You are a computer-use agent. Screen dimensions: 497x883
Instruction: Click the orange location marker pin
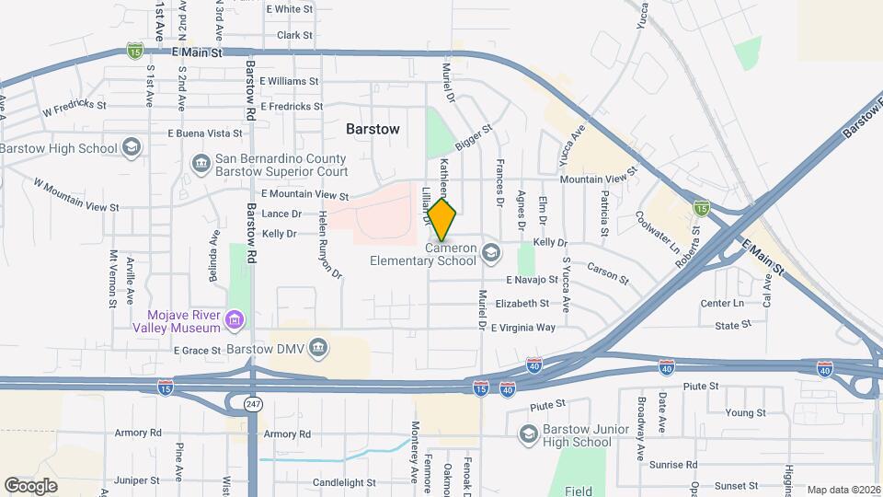[x=442, y=221]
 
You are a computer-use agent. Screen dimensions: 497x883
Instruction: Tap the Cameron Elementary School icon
[x=491, y=252]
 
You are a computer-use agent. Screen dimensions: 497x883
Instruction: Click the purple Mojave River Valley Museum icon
[x=235, y=320]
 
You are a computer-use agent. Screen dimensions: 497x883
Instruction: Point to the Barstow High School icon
[x=132, y=148]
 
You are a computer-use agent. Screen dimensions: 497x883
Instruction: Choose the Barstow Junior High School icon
[x=528, y=433]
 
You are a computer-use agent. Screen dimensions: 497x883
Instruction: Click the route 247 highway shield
[x=252, y=403]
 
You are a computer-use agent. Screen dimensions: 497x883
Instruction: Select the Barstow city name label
[x=373, y=130]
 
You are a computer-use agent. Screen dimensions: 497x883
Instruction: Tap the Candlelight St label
[x=344, y=482]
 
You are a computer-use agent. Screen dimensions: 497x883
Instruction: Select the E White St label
[x=289, y=9]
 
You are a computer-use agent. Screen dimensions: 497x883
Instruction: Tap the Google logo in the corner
[x=30, y=485]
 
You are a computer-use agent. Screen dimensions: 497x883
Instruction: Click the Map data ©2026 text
[x=843, y=490]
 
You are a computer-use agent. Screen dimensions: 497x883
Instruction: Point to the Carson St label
[x=607, y=273]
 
